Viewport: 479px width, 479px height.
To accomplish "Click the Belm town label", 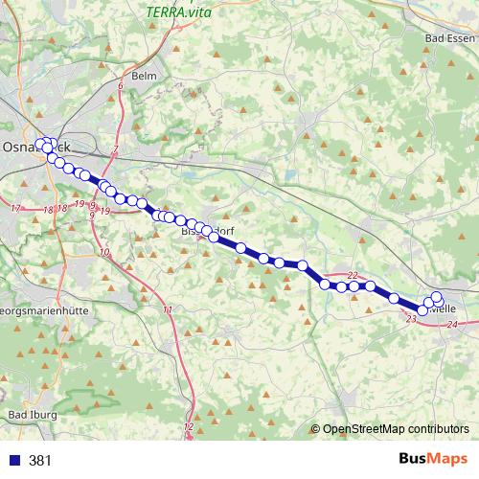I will pyautogui.click(x=145, y=76).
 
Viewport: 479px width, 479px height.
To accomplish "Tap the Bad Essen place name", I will pyautogui.click(x=445, y=38).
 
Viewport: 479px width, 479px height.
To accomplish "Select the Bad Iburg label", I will pyautogui.click(x=33, y=414).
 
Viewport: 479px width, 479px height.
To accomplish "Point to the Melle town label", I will pyautogui.click(x=444, y=308).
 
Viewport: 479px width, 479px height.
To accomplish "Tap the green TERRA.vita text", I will pyautogui.click(x=179, y=12).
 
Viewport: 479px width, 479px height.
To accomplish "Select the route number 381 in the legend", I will pyautogui.click(x=41, y=461).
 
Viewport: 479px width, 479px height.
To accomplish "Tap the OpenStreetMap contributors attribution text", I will pyautogui.click(x=396, y=430).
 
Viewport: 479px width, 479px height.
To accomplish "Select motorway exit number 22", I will pyautogui.click(x=352, y=275).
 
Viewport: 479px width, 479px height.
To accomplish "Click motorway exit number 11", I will pyautogui.click(x=168, y=309).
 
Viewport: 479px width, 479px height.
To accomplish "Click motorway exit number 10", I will pyautogui.click(x=104, y=251).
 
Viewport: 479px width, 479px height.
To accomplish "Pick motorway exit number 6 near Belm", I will pyautogui.click(x=121, y=87).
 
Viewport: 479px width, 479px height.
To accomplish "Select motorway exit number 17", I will pyautogui.click(x=15, y=208).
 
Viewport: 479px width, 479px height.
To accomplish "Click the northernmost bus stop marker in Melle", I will pyautogui.click(x=437, y=296).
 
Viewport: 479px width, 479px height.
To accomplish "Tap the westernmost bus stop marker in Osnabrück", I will pyautogui.click(x=39, y=145).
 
